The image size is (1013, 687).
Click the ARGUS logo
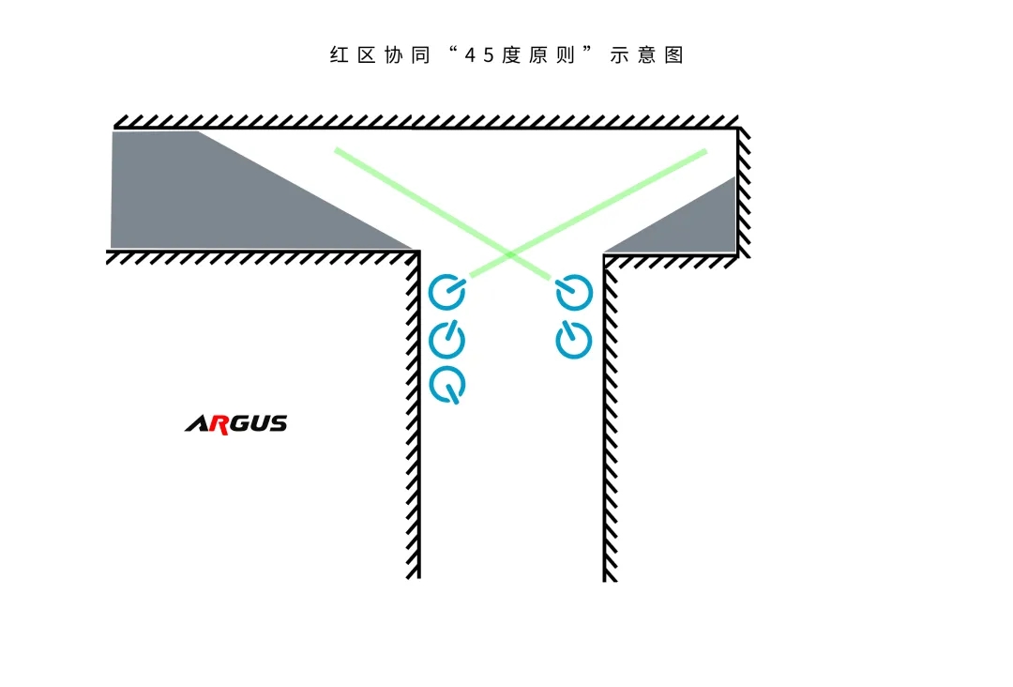236,424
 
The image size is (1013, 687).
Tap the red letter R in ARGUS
219,424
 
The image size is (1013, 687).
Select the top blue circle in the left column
447,292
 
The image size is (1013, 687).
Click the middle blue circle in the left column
447,340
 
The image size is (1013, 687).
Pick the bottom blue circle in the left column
447,384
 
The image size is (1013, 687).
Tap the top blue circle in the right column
574,292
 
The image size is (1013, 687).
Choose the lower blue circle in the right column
574,340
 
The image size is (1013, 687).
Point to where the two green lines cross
510,254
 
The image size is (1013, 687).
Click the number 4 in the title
470,55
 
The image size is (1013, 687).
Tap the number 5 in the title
489,55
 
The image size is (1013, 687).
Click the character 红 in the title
340,55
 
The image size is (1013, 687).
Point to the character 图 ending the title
673,55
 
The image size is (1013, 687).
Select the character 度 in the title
511,55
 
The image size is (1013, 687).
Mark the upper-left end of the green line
336,150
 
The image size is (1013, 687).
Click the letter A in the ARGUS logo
197,424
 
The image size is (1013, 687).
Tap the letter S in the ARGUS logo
279,423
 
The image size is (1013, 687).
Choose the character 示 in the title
620,55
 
